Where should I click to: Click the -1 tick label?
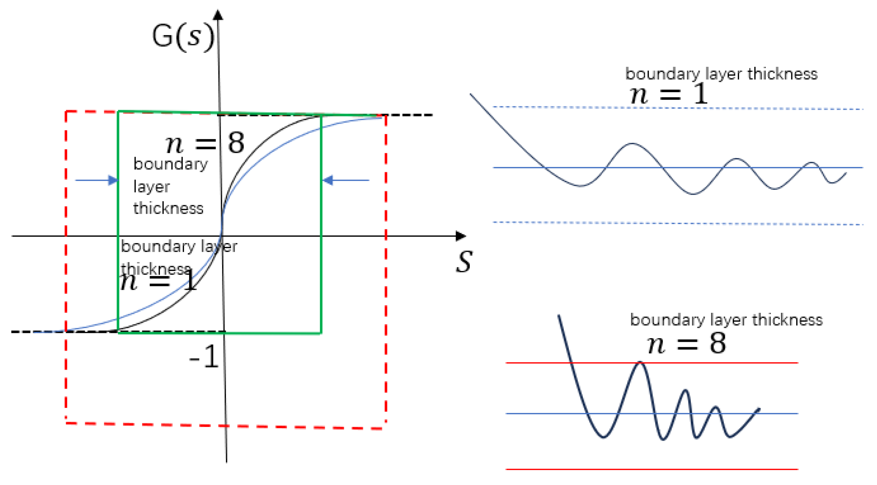tap(204, 357)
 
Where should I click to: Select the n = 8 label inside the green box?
tap(205, 143)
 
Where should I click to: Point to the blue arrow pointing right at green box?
tap(96, 180)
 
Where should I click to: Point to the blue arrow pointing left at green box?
tap(346, 180)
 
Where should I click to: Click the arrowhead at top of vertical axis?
tap(218, 15)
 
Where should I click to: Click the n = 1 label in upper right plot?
tap(668, 94)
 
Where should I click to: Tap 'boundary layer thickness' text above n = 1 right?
tap(721, 74)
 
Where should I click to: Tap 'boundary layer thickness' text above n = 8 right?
tap(726, 320)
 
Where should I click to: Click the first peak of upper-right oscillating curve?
tap(631, 144)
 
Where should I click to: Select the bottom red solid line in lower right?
tap(652, 469)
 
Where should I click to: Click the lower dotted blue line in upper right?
tap(678, 223)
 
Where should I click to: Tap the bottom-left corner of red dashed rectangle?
tap(66, 423)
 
